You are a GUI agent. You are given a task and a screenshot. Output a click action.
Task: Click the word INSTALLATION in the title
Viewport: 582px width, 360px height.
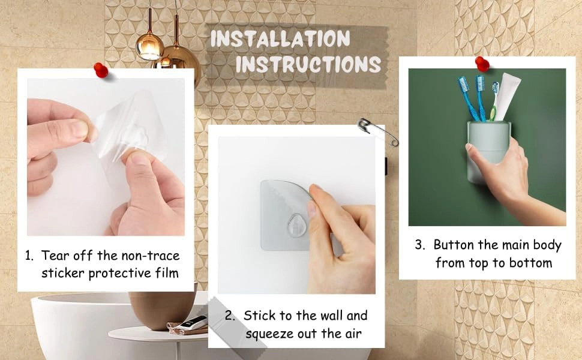pyautogui.click(x=280, y=39)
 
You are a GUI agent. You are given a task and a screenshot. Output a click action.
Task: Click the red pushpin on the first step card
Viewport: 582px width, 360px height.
pyautogui.click(x=101, y=70)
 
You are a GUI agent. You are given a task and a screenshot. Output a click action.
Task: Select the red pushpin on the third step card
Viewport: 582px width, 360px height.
pyautogui.click(x=482, y=63)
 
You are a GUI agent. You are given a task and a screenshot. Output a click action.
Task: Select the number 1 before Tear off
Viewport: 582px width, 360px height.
pyautogui.click(x=28, y=256)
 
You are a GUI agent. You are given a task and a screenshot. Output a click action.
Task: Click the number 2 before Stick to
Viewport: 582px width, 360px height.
pyautogui.click(x=229, y=316)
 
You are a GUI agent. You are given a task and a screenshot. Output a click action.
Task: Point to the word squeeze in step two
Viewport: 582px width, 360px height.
pyautogui.click(x=268, y=333)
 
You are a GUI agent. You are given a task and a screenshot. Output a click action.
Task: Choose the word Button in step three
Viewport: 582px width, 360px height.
pyautogui.click(x=454, y=245)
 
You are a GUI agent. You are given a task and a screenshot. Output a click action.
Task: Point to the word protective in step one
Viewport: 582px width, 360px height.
pyautogui.click(x=125, y=274)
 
